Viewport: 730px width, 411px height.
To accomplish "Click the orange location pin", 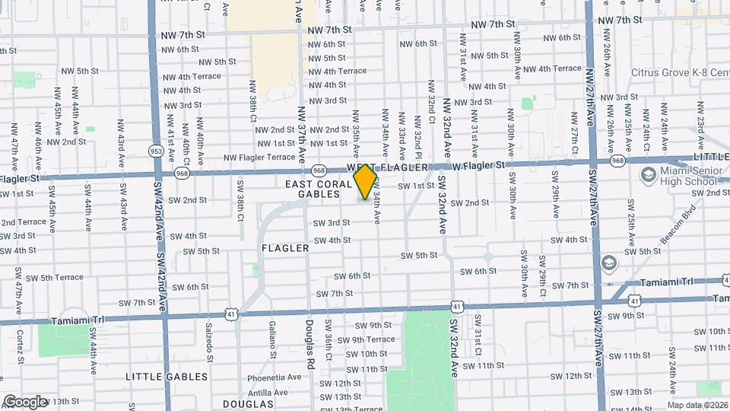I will click(366, 181).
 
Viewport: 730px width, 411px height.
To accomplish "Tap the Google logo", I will click(25, 401).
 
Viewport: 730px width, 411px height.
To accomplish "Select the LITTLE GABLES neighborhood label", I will click(166, 377).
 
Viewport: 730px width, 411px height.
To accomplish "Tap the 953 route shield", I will click(156, 151).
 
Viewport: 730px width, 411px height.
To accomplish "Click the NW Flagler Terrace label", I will click(259, 158).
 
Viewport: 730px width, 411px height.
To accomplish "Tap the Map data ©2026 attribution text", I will click(697, 405).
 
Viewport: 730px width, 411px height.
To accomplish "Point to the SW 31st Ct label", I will click(478, 335).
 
